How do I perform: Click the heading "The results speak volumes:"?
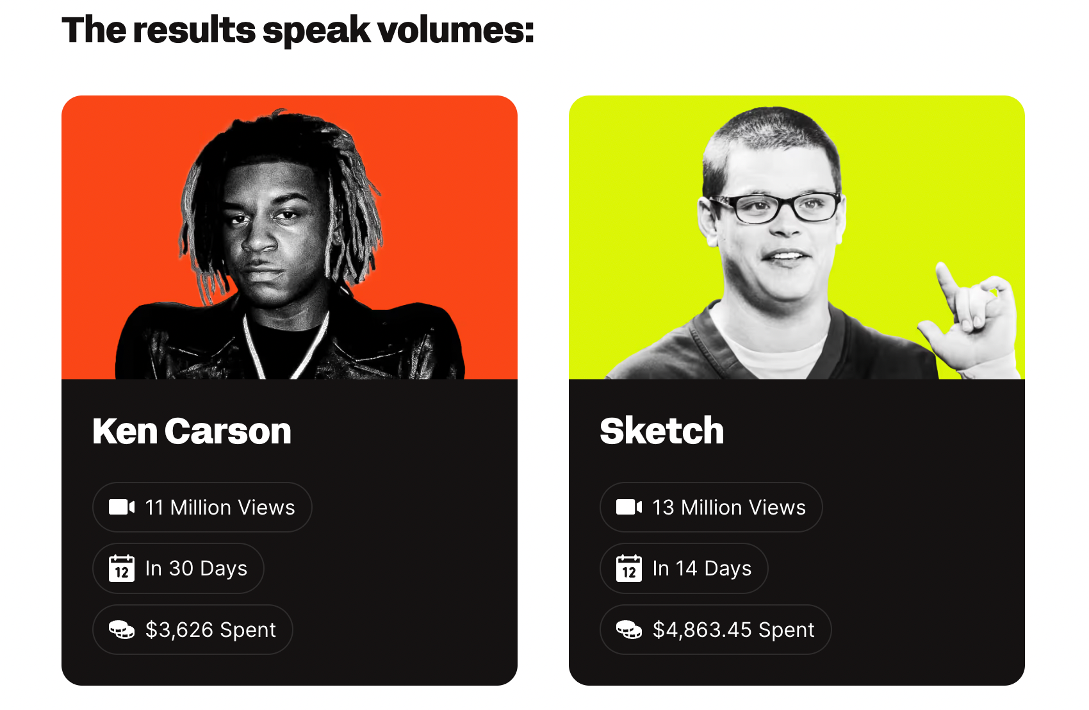[297, 30]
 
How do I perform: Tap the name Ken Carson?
[192, 431]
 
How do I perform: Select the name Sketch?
[662, 431]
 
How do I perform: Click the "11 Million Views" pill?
[202, 508]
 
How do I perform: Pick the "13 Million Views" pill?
[711, 508]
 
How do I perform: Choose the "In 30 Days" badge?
[178, 568]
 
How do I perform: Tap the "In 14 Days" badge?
[684, 568]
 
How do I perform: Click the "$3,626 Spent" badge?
[193, 629]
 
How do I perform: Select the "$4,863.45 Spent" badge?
[716, 629]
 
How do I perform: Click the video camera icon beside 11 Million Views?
[122, 508]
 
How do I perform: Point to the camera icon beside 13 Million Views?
[629, 508]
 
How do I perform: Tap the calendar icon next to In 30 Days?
[122, 568]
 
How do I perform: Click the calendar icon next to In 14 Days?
[629, 568]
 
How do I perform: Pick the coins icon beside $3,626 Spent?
[122, 629]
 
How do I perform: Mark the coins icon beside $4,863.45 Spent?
[629, 629]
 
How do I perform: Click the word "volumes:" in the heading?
[455, 30]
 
